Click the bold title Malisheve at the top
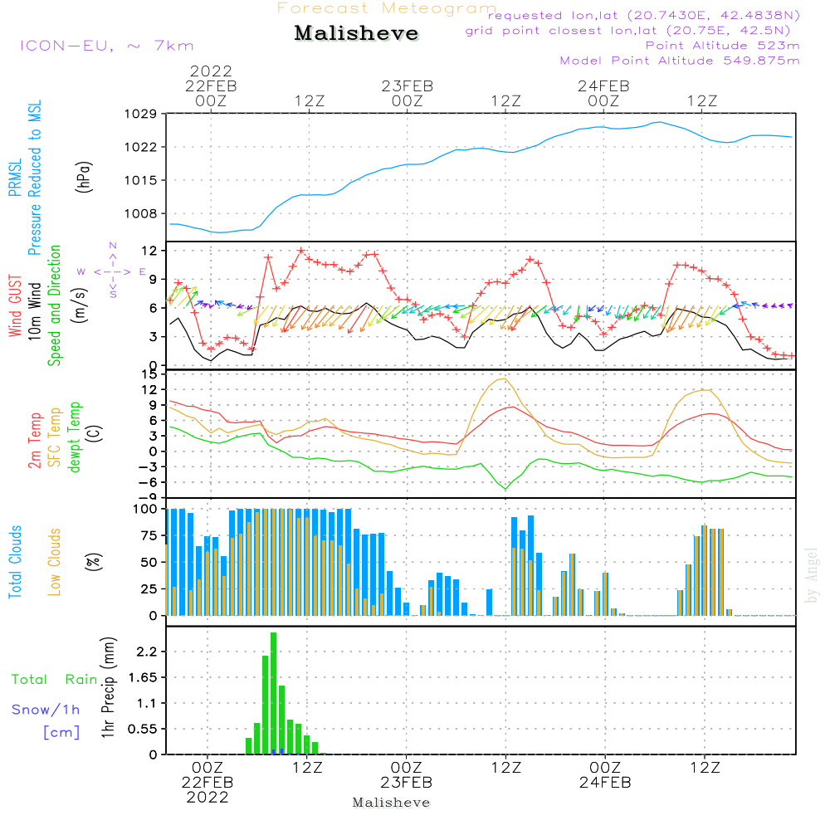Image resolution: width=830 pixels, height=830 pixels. click(357, 34)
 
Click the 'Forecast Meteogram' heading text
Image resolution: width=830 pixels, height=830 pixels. click(387, 8)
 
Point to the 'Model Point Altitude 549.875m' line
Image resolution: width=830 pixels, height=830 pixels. click(680, 61)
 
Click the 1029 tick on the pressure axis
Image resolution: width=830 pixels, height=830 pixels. click(143, 114)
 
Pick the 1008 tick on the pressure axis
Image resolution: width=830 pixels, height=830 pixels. click(143, 213)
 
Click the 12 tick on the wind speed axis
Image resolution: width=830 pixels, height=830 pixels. click(150, 250)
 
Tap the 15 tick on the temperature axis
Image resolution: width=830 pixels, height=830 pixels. click(150, 374)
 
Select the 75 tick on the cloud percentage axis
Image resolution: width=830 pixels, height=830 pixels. click(146, 535)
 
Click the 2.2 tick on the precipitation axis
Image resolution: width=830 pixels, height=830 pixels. click(147, 652)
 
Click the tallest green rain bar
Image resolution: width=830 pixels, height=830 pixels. click(273, 693)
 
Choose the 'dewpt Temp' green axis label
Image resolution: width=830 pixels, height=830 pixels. click(75, 437)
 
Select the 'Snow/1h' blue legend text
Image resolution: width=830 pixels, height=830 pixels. click(46, 710)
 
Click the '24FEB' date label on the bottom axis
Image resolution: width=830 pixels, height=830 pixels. click(605, 783)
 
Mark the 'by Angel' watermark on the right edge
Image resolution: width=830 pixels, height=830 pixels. click(812, 574)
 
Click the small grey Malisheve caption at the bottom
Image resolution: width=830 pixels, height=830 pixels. click(391, 803)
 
